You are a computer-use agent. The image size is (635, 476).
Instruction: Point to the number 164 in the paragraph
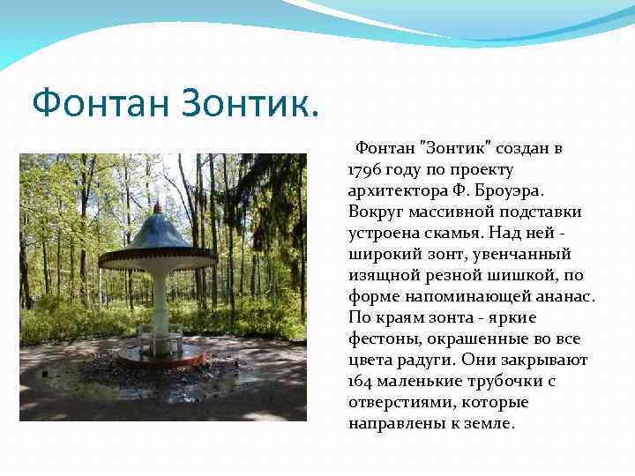362,381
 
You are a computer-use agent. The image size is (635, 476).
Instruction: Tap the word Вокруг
374,212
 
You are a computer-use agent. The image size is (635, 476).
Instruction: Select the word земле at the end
485,423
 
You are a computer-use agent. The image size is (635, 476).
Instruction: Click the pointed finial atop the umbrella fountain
157,208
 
